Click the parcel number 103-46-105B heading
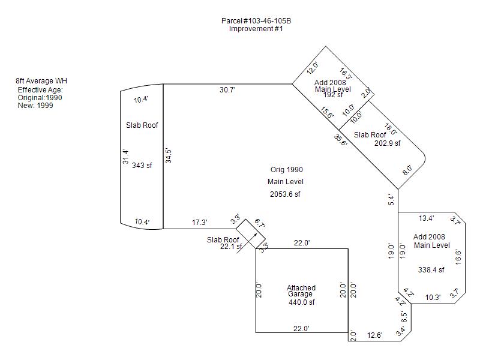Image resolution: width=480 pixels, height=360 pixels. click(256, 21)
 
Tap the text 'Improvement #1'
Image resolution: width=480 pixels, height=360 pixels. click(256, 29)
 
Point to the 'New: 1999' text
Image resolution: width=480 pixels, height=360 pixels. click(35, 106)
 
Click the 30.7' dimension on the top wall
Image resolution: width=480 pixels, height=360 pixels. click(227, 90)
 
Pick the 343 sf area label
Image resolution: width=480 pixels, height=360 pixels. click(142, 166)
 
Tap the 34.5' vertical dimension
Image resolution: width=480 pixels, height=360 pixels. click(169, 156)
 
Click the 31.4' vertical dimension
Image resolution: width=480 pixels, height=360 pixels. click(125, 157)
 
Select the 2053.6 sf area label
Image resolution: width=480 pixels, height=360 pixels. click(285, 194)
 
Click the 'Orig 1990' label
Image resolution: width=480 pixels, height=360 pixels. click(286, 170)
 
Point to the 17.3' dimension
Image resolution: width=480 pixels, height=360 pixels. click(199, 223)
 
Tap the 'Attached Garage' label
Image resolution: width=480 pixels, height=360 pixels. click(301, 291)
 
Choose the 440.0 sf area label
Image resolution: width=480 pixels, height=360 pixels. click(301, 302)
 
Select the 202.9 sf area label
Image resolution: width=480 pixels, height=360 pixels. click(387, 143)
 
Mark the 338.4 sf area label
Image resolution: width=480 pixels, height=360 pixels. click(431, 270)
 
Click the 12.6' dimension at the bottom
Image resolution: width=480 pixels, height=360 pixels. click(375, 335)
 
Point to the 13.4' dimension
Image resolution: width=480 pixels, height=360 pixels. click(426, 218)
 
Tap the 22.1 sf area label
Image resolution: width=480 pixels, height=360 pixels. click(231, 246)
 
